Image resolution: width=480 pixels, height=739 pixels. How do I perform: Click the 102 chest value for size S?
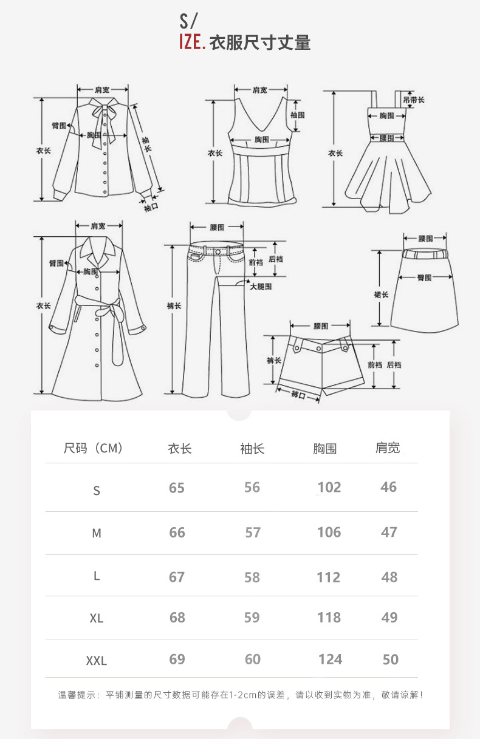[x=329, y=487]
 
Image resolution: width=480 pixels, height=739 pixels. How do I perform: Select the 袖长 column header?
[x=252, y=449]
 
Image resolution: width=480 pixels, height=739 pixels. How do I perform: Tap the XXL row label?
[x=96, y=661]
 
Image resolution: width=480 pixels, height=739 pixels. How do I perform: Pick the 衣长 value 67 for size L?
[x=177, y=577]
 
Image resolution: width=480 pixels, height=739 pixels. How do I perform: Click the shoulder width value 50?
[x=391, y=659]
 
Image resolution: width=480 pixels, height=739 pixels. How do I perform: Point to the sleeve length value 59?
[x=252, y=618]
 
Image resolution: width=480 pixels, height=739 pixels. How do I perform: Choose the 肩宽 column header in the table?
[x=388, y=448]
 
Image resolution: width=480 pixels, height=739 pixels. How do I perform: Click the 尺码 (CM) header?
[x=94, y=449]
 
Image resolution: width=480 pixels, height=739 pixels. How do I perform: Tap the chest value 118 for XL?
[x=329, y=618]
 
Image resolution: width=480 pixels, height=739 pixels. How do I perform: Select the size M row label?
[x=97, y=533]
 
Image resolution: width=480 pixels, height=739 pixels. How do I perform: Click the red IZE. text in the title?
[x=191, y=43]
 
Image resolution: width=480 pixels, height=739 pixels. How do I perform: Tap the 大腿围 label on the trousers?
[x=261, y=286]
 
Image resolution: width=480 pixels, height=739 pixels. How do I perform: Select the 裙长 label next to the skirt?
[x=381, y=295]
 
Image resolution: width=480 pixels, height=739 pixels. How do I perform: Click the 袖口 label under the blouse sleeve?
[x=151, y=208]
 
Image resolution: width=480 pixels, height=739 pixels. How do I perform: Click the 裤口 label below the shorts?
[x=298, y=395]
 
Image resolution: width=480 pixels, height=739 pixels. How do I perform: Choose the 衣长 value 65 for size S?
[x=177, y=488]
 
